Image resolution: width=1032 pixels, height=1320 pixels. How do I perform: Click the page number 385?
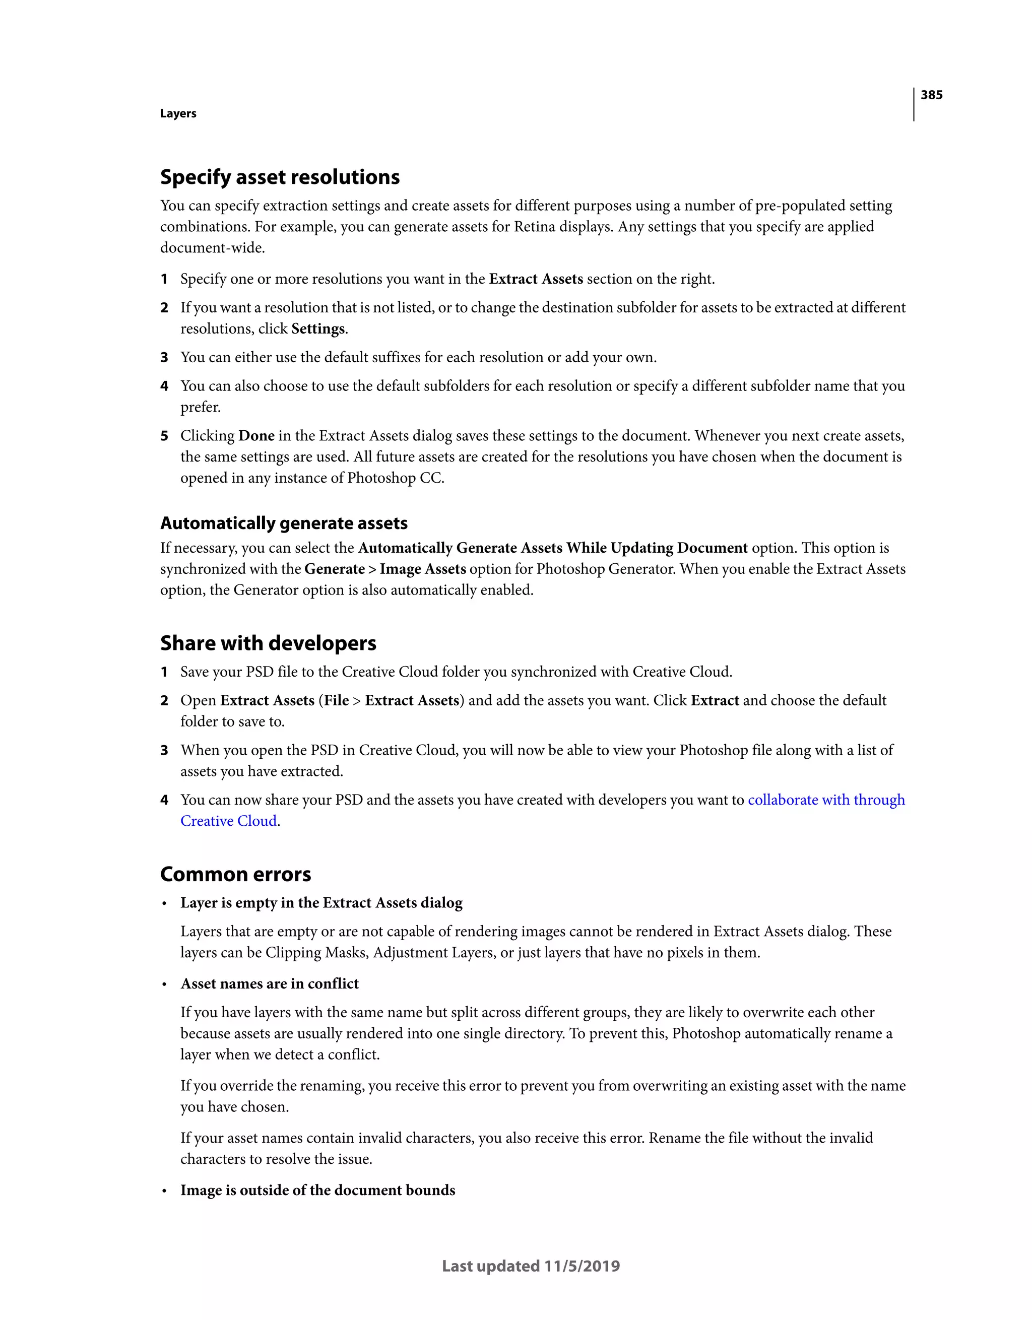(x=931, y=95)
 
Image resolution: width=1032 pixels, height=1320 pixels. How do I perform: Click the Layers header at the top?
(x=178, y=114)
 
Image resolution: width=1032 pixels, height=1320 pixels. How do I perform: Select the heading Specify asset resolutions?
(x=279, y=177)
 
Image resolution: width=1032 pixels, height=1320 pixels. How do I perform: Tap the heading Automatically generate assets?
(x=284, y=523)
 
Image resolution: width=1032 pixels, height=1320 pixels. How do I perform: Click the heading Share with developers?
(x=268, y=643)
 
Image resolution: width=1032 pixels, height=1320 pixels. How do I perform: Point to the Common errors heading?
(x=235, y=874)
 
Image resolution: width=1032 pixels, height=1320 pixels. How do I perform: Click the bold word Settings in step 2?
(x=318, y=329)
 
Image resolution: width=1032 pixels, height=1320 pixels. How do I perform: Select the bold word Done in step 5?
(x=256, y=436)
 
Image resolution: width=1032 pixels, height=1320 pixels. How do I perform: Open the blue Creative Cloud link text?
(x=229, y=821)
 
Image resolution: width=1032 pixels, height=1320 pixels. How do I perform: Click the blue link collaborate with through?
(x=826, y=800)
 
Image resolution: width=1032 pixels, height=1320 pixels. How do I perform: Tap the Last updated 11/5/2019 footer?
(x=531, y=1266)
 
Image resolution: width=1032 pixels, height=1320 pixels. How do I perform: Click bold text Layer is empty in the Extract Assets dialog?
(x=321, y=902)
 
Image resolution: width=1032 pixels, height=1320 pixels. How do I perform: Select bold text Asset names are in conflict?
(x=270, y=983)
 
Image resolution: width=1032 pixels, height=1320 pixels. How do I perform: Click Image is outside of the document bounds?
(x=317, y=1190)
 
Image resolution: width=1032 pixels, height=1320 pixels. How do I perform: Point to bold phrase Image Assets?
(x=423, y=569)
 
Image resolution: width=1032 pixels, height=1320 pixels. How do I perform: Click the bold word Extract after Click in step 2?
(x=715, y=700)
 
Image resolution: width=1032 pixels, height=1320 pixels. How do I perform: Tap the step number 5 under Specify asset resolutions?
(x=164, y=436)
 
